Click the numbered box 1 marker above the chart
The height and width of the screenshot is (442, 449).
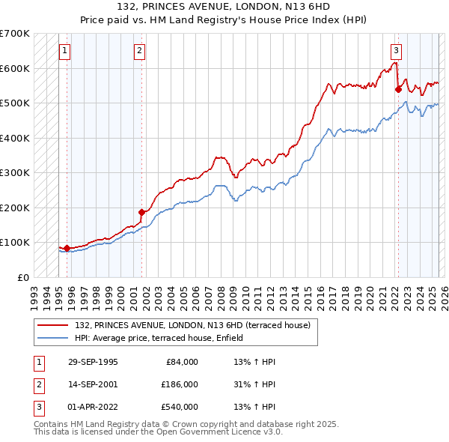(x=64, y=51)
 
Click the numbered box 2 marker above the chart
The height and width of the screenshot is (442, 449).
(x=140, y=51)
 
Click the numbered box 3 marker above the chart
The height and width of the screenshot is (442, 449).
(x=396, y=51)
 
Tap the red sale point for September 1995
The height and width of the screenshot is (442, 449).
(x=67, y=248)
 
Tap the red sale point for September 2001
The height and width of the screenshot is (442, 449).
(x=141, y=212)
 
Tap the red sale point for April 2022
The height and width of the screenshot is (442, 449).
(x=398, y=89)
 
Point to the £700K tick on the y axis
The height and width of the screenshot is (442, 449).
(x=15, y=34)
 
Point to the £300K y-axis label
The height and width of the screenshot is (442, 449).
(x=15, y=172)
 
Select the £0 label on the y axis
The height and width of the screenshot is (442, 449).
(x=22, y=277)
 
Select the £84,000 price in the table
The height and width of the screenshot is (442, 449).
(x=179, y=362)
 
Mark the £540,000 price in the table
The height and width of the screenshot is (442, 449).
(x=179, y=407)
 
